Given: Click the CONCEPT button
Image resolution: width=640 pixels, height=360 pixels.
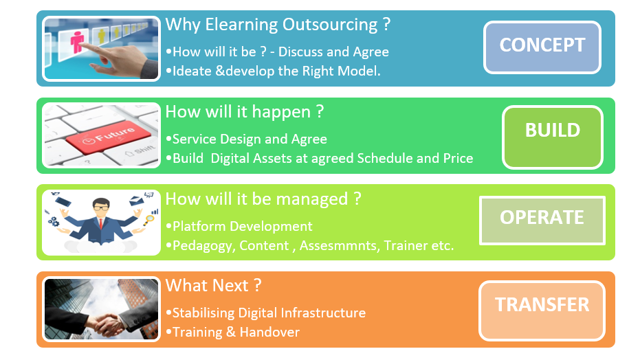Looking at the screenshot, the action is pos(542,47).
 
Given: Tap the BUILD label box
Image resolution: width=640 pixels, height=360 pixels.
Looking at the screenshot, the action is pos(552,137).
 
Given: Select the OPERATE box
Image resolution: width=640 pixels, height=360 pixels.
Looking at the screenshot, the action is pos(542,220).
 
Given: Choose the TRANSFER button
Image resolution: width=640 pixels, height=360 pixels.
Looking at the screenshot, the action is pos(542,311).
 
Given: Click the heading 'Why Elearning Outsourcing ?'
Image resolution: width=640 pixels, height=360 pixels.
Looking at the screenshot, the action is pos(278,25).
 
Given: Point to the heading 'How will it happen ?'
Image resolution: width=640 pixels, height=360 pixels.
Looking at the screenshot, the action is pos(245,112).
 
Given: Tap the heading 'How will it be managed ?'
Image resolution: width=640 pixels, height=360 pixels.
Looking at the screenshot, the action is pos(263,199).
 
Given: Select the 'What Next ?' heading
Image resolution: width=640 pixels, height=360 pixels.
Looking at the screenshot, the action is pos(213,285).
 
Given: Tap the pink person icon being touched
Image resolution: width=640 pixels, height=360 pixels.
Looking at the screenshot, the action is pos(77,42).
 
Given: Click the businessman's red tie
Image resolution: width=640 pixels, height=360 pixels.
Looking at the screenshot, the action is pos(101,223).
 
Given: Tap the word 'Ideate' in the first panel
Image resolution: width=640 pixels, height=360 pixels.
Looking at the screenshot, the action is pos(192,71).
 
